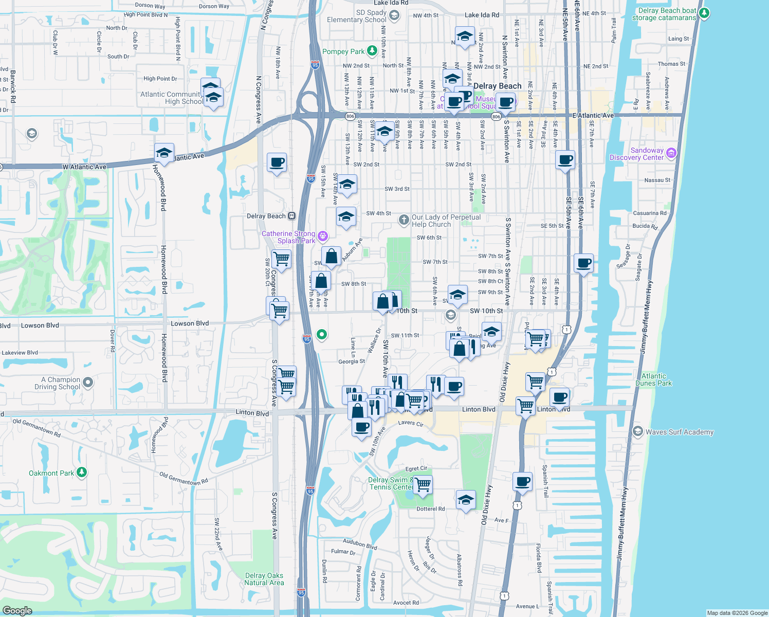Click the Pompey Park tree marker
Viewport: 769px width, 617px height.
372,51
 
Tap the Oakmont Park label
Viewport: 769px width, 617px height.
51,473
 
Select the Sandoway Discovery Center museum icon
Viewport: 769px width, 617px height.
671,153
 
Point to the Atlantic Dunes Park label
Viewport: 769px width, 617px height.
653,379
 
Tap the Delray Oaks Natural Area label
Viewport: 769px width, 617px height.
264,579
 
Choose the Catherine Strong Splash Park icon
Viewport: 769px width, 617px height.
323,237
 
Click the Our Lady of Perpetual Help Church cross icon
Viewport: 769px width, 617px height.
404,220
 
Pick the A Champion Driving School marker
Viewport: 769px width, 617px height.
88,383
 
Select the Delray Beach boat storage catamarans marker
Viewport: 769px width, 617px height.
704,13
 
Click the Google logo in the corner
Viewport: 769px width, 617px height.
17,610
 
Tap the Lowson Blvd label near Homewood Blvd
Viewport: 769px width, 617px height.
190,323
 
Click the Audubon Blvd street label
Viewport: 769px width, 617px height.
360,544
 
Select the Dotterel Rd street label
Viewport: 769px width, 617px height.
431,509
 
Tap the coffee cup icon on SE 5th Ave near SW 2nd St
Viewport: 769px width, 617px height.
565,160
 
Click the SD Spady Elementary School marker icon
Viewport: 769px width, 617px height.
394,15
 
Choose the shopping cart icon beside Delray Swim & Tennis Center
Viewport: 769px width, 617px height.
423,484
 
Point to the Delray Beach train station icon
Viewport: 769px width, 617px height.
291,216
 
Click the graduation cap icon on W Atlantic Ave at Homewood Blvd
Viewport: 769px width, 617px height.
164,153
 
